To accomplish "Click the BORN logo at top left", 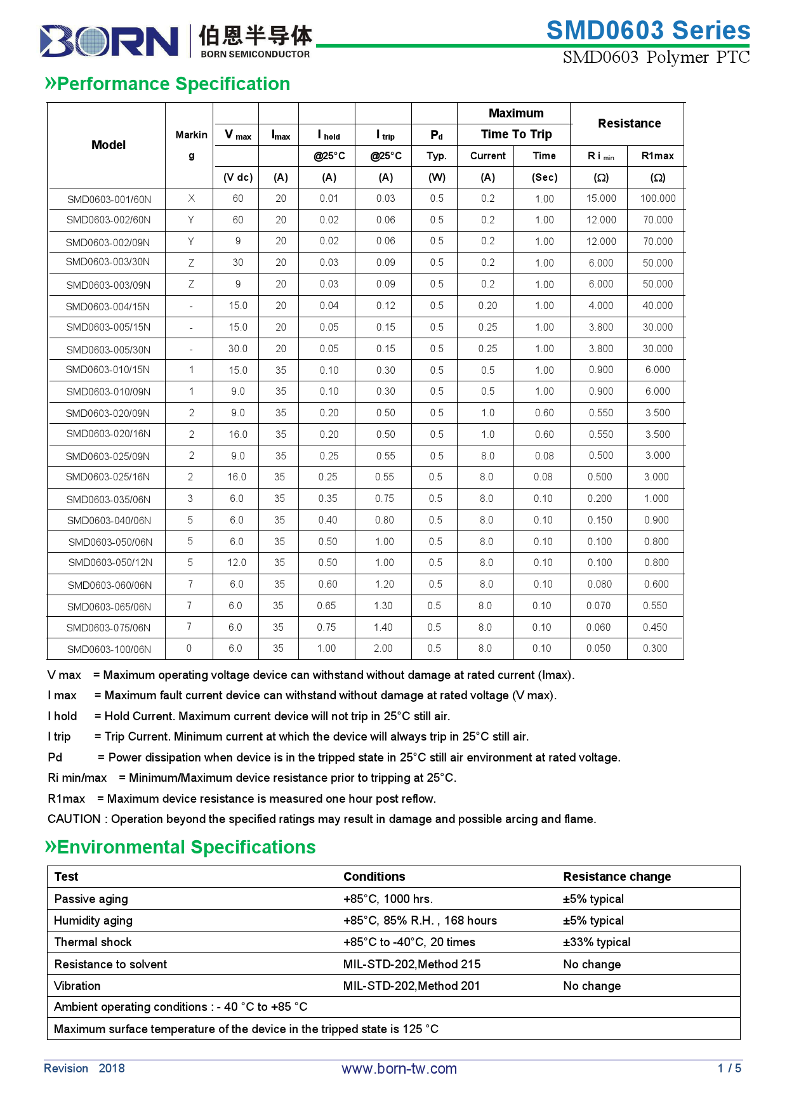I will pyautogui.click(x=109, y=41).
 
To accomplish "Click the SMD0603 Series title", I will pyautogui.click(x=648, y=30).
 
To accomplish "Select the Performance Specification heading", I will pyautogui.click(x=168, y=84).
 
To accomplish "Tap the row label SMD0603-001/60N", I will pyautogui.click(x=109, y=199).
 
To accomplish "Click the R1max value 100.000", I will pyautogui.click(x=658, y=199).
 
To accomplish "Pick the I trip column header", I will pyautogui.click(x=385, y=135).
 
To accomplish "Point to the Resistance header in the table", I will pyautogui.click(x=629, y=123).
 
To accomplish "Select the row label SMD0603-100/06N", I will pyautogui.click(x=109, y=649).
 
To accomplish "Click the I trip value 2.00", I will pyautogui.click(x=383, y=649).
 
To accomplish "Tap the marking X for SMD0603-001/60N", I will pyautogui.click(x=191, y=199).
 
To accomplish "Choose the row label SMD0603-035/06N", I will pyautogui.click(x=109, y=499).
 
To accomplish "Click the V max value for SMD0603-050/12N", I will pyautogui.click(x=237, y=563).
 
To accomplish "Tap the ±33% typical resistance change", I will pyautogui.click(x=597, y=942).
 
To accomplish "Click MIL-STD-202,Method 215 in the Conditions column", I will pyautogui.click(x=412, y=965).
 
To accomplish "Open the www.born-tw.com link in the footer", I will pyautogui.click(x=399, y=1069).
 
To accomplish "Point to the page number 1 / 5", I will pyautogui.click(x=729, y=1069).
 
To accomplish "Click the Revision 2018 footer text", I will pyautogui.click(x=84, y=1069).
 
